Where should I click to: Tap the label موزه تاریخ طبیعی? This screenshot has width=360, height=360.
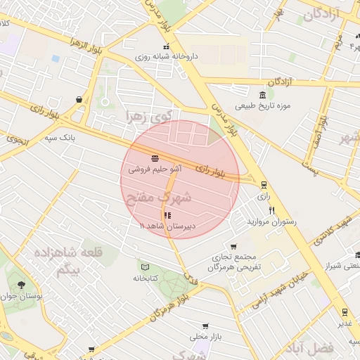click(x=282, y=106)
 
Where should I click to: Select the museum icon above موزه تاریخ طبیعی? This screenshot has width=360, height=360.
click(x=262, y=95)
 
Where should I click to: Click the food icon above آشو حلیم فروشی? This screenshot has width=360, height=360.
click(x=155, y=158)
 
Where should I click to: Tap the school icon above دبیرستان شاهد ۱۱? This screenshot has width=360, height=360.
click(x=167, y=215)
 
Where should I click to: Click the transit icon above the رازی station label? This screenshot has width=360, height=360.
click(x=264, y=186)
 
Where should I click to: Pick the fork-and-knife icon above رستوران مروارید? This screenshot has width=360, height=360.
click(x=271, y=211)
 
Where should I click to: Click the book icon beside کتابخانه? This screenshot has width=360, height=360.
click(x=146, y=267)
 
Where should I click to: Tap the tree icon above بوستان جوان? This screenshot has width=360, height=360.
click(x=22, y=285)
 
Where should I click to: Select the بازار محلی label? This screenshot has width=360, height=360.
click(x=209, y=336)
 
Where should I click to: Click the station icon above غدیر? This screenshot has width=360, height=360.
click(x=345, y=312)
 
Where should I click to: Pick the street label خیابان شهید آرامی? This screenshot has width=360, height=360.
click(x=281, y=288)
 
